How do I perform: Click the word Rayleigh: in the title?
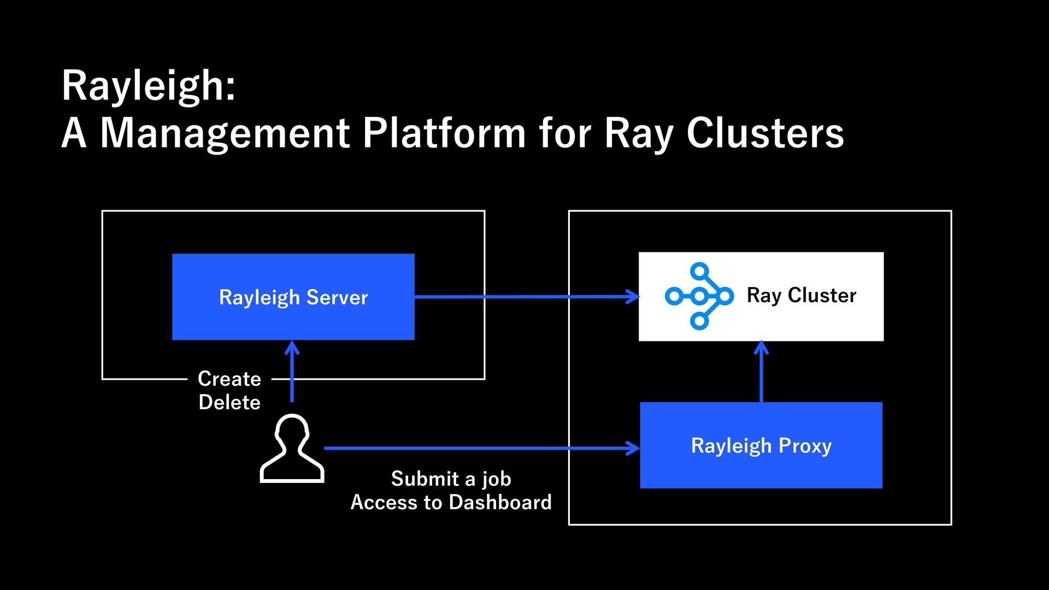click(149, 86)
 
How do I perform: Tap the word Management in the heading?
click(225, 133)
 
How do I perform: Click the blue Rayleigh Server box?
click(293, 297)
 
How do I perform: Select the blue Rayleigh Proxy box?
click(761, 445)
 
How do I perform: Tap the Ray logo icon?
click(699, 297)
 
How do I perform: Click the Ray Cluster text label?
click(802, 296)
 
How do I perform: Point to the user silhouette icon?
click(292, 449)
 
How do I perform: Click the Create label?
click(229, 379)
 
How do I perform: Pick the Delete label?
click(229, 402)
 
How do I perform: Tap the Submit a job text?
click(451, 479)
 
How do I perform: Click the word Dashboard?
click(500, 502)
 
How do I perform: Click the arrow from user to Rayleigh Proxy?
click(482, 449)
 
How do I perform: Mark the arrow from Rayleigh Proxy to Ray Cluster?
click(762, 371)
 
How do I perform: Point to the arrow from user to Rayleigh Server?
click(292, 371)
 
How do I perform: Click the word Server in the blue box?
click(337, 297)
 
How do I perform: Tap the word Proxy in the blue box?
click(805, 446)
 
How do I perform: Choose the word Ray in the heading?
click(638, 134)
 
